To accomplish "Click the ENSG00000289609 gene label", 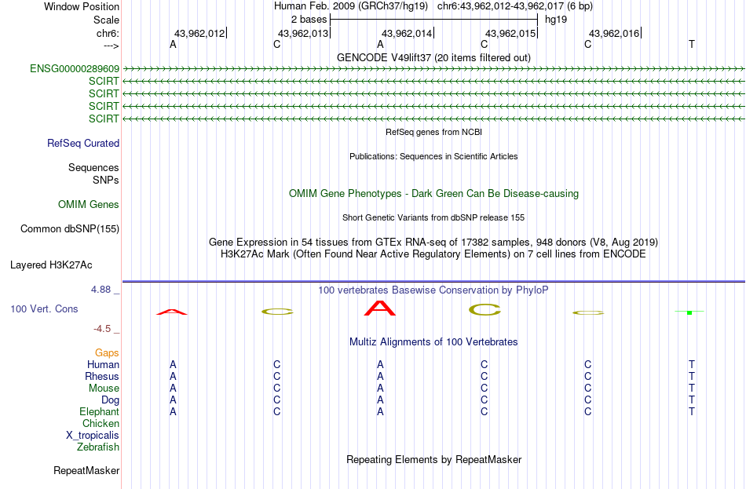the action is (x=75, y=68).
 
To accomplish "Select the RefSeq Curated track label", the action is (x=83, y=143).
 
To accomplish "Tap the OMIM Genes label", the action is (x=89, y=205).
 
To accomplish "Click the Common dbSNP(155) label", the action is (x=70, y=229).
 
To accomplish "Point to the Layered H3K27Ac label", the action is (x=51, y=265).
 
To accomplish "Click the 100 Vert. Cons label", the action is (x=44, y=309).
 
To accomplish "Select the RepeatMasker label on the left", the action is (x=86, y=470).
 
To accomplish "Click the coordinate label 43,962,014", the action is (x=407, y=33).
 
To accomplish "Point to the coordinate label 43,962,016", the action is (x=614, y=33).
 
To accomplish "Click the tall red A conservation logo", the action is (x=379, y=308).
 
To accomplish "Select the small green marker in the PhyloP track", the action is (x=689, y=312).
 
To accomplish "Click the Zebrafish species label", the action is (x=98, y=447).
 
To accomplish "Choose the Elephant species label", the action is (x=100, y=412).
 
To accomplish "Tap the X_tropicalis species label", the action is (x=93, y=436).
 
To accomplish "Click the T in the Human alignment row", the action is (x=691, y=365).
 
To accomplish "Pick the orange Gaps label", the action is (x=107, y=353).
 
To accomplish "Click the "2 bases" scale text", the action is (x=309, y=20).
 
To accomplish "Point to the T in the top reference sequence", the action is (x=691, y=44).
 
